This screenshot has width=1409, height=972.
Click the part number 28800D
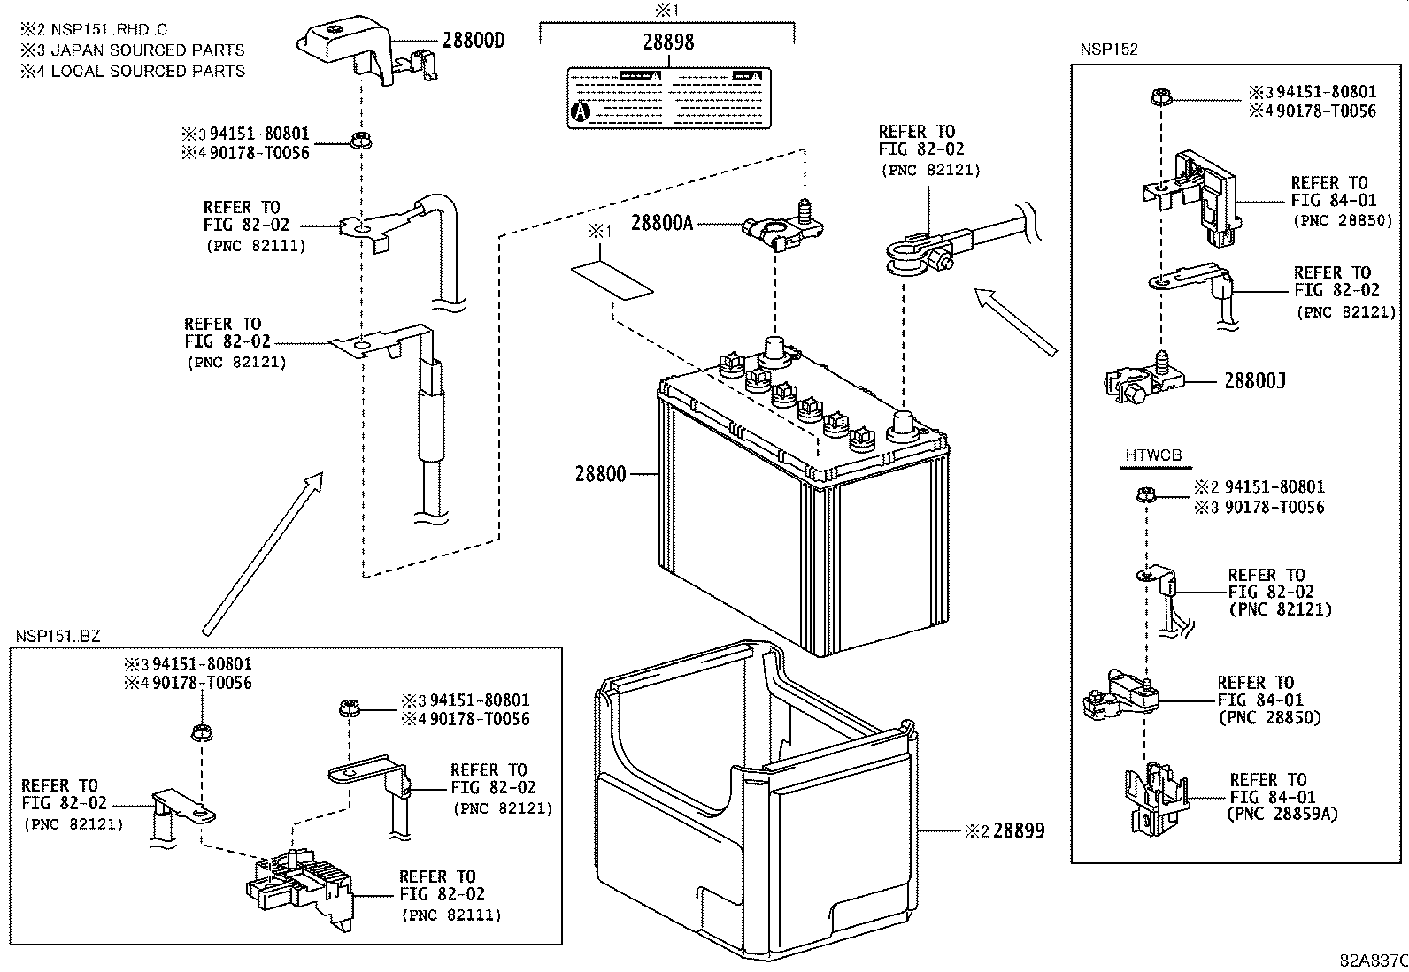474,41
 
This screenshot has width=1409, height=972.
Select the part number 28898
668,42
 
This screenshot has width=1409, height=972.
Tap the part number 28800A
661,224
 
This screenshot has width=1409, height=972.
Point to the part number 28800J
1254,381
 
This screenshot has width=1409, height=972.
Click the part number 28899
1018,831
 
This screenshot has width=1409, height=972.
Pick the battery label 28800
600,474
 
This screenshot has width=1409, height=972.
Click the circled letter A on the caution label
581,112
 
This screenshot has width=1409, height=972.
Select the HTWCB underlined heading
1153,456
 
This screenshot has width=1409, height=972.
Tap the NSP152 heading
1108,50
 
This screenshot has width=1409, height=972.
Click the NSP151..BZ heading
58,637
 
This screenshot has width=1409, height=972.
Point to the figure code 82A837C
1372,961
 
